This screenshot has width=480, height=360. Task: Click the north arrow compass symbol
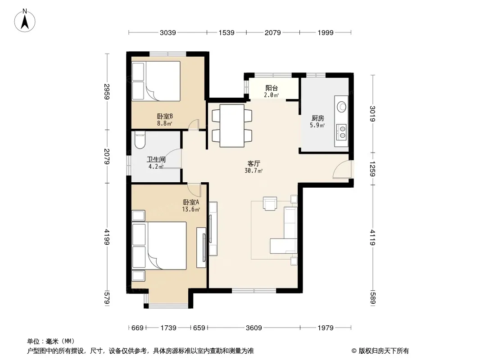25,21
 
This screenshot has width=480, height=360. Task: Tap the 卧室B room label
165,116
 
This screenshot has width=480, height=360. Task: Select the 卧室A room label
191,202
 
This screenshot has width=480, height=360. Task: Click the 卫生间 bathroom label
156,159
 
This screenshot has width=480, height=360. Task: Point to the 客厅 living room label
254,164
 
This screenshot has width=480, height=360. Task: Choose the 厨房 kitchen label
318,118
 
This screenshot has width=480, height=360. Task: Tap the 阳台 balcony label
272,88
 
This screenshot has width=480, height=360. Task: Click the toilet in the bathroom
140,140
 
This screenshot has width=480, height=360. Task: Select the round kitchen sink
341,107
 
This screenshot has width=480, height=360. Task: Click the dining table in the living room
232,126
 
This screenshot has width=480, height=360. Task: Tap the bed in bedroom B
156,81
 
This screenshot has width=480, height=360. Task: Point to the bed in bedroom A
159,246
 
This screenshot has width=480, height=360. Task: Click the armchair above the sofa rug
270,203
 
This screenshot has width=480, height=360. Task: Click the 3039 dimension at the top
168,33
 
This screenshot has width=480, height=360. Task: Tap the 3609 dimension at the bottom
254,328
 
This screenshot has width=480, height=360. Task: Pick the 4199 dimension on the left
107,237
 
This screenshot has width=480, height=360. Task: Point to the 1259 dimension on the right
372,169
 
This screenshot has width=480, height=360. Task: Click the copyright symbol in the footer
354,351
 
